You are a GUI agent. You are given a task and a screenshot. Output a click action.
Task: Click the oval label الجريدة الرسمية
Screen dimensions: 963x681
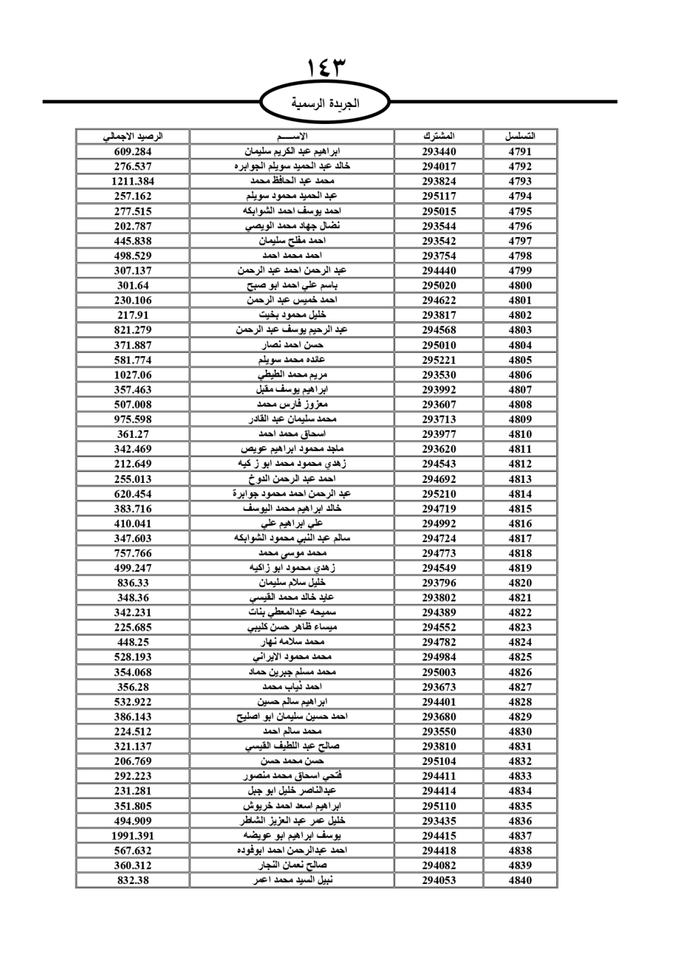click(x=326, y=104)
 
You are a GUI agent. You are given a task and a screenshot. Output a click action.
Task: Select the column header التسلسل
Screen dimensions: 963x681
click(x=520, y=136)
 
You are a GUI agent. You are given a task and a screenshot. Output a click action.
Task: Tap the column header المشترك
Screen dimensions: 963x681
click(x=439, y=136)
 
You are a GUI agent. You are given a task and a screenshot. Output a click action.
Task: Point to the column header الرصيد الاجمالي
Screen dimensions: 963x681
click(x=133, y=136)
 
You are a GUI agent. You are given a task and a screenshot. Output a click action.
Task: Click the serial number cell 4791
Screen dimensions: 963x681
click(x=520, y=151)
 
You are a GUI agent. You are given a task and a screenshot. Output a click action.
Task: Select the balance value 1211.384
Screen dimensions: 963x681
click(x=133, y=181)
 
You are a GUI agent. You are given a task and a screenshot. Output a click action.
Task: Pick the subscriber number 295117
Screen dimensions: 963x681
click(x=439, y=196)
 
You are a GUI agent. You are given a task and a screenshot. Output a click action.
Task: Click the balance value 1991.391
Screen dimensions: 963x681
click(x=133, y=836)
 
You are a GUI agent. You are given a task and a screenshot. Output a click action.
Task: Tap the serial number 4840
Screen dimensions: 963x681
click(x=520, y=880)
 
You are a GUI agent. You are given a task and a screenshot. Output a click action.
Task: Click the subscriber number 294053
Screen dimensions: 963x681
click(x=439, y=880)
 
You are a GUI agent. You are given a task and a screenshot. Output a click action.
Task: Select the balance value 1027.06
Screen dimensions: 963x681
click(x=133, y=375)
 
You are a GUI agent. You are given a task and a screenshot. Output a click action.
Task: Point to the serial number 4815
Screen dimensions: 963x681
click(x=520, y=509)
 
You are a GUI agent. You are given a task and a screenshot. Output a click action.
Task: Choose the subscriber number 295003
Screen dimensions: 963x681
click(x=439, y=672)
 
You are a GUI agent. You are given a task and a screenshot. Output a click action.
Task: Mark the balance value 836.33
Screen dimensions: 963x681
click(x=133, y=583)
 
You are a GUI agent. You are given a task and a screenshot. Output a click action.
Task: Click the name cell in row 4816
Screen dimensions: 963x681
click(x=292, y=524)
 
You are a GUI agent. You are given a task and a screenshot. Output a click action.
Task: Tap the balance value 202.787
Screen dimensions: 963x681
click(x=133, y=226)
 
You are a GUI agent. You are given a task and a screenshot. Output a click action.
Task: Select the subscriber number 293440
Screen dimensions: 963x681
click(x=439, y=151)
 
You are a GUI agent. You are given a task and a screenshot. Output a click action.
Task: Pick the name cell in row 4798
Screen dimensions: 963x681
click(x=292, y=256)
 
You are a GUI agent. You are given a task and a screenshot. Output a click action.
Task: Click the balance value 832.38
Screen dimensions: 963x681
click(x=133, y=880)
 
